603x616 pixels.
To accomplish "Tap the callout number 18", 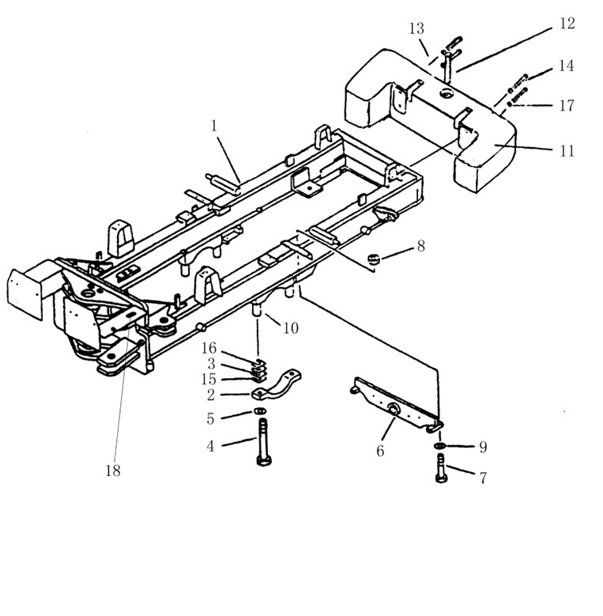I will [114, 471].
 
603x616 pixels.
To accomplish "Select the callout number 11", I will [567, 149].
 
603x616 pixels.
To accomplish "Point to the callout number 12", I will [567, 24].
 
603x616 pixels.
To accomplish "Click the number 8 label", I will [421, 246].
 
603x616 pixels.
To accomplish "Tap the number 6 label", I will [380, 451].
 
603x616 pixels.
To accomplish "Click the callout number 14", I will [565, 67].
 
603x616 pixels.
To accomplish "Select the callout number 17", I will [567, 105].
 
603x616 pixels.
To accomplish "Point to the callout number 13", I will [417, 29].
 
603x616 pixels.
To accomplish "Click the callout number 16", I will [209, 349].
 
